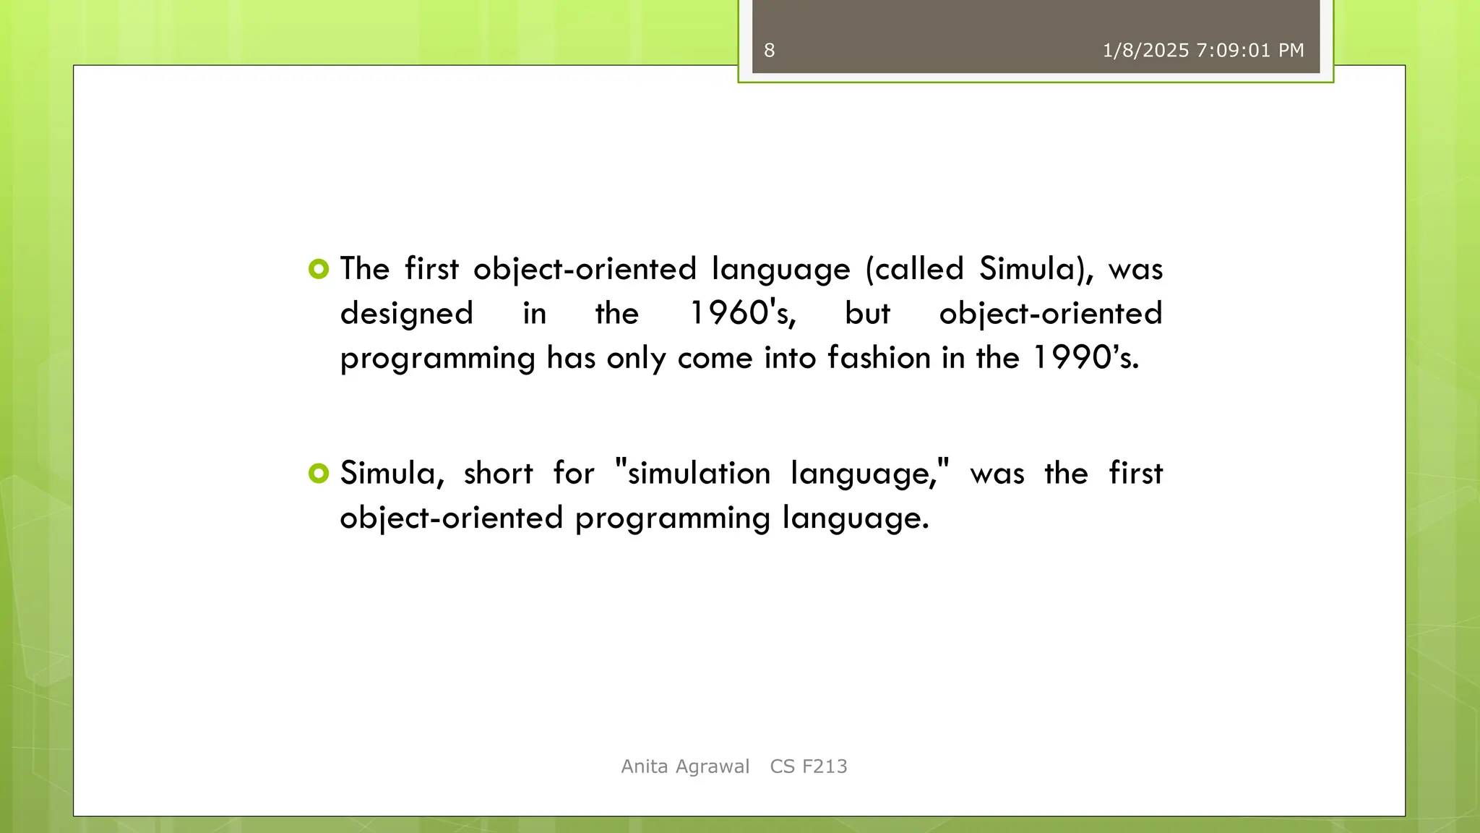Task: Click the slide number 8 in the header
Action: [769, 51]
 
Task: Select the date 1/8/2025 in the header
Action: [1145, 51]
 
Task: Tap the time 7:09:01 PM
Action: [1250, 51]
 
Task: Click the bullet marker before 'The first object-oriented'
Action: [318, 270]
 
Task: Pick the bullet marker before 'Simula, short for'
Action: [318, 474]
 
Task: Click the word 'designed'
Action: [406, 314]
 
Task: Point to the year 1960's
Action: [742, 314]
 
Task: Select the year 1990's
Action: [1085, 358]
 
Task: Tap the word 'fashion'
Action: [879, 358]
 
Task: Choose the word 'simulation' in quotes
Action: [698, 474]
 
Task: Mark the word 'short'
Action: [498, 474]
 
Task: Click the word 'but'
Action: [867, 314]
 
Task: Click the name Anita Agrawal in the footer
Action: [685, 766]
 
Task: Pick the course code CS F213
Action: [809, 766]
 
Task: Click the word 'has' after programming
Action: [570, 358]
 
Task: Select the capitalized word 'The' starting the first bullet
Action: [365, 270]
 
